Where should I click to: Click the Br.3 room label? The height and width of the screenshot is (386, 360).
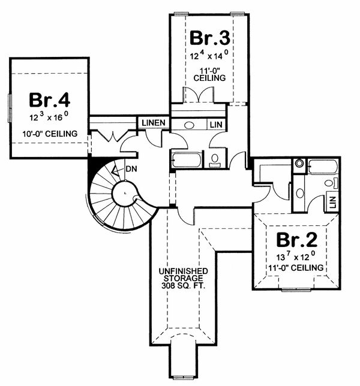coord(210,38)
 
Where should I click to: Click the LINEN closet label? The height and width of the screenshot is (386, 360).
coord(154,123)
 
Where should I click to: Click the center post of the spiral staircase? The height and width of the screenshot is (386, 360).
coord(124,194)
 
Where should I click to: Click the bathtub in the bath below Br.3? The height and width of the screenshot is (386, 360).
coord(187,160)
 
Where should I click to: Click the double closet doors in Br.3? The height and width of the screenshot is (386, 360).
coord(197,95)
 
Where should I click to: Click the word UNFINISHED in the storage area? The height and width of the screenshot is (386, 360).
coord(184,270)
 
